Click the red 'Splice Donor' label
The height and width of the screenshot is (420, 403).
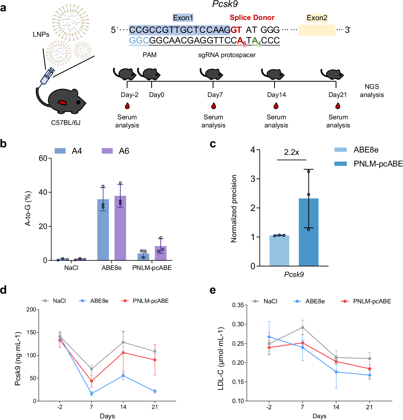point(252,18)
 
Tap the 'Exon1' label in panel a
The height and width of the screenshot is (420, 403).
point(183,18)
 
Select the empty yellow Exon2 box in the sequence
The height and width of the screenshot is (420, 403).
point(317,30)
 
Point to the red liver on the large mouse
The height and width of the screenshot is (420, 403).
point(62,102)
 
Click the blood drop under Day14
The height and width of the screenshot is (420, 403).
point(276,106)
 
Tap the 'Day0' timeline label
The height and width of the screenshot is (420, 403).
point(157,95)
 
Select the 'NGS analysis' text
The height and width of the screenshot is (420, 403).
point(372,91)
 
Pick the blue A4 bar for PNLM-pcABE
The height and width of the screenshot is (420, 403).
point(143,257)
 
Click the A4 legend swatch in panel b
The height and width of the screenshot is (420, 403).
point(60,151)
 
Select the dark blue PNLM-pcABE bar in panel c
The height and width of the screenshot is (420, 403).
point(309,232)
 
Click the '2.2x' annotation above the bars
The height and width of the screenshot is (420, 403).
point(291,152)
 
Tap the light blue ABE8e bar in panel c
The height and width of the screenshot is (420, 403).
point(279,251)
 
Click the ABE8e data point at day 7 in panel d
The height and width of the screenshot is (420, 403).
point(91,394)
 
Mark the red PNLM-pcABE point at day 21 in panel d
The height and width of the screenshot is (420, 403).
point(155,360)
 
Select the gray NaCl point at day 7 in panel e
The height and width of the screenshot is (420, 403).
point(303,328)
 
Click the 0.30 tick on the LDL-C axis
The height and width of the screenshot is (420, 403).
point(238,324)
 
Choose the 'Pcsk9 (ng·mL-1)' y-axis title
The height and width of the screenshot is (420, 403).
point(18,359)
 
